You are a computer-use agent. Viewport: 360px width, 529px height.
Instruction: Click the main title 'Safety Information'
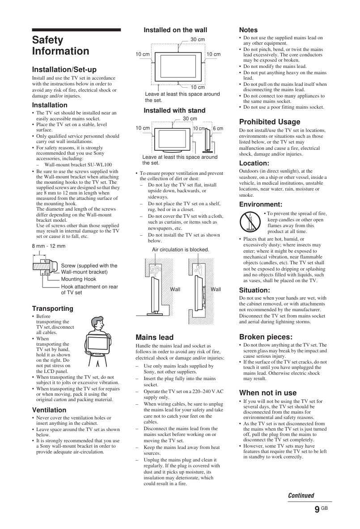[61, 46]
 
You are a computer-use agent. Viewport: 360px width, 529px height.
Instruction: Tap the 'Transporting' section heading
[53, 309]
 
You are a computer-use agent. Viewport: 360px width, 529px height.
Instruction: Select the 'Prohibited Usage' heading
[270, 122]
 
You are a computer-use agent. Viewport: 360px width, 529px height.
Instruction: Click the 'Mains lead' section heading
[155, 337]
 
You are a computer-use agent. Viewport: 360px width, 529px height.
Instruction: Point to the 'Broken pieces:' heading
[266, 337]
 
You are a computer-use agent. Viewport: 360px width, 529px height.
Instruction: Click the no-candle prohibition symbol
[250, 221]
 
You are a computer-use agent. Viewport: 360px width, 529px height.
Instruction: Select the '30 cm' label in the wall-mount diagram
[198, 39]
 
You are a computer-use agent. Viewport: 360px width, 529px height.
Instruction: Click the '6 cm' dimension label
[218, 128]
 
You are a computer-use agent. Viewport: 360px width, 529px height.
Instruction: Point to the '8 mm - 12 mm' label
[49, 246]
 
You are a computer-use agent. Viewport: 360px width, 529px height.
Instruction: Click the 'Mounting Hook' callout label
[79, 279]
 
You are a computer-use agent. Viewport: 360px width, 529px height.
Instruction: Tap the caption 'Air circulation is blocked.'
[181, 250]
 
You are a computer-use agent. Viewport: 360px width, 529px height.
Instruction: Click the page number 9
[317, 509]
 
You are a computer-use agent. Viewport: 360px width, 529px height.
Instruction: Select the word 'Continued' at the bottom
[301, 495]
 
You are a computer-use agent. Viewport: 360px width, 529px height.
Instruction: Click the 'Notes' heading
[248, 30]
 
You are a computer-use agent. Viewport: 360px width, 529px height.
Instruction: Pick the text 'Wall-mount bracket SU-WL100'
[78, 165]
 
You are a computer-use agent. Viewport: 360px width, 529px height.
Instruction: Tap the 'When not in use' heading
[268, 393]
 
